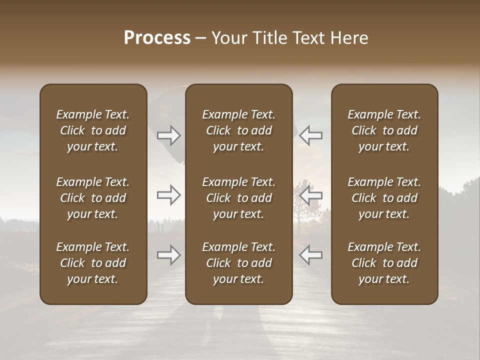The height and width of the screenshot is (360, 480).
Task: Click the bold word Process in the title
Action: point(157,38)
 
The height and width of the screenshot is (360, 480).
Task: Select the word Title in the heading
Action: point(267,38)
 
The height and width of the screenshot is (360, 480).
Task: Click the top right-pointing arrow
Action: point(168,135)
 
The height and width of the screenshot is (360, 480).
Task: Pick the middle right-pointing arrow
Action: point(168,195)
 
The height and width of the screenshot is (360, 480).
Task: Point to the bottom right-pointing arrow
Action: point(168,255)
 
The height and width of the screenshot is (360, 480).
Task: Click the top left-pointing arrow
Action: point(310,135)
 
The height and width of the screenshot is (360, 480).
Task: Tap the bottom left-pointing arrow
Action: point(310,255)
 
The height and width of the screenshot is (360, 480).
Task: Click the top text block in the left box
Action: point(93,130)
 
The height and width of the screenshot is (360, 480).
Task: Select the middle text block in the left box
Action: point(93,198)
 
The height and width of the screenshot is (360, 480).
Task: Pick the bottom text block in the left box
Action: point(93,263)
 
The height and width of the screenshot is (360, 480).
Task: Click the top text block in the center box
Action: point(239,130)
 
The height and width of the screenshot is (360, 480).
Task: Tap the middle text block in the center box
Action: point(239,198)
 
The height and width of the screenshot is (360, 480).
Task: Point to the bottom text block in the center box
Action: point(239,263)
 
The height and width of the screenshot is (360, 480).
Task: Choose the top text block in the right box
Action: point(384,130)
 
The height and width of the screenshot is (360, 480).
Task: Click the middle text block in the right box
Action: point(384,198)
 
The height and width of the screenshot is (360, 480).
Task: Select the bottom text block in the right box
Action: point(384,263)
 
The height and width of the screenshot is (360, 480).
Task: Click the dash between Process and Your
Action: point(201,38)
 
